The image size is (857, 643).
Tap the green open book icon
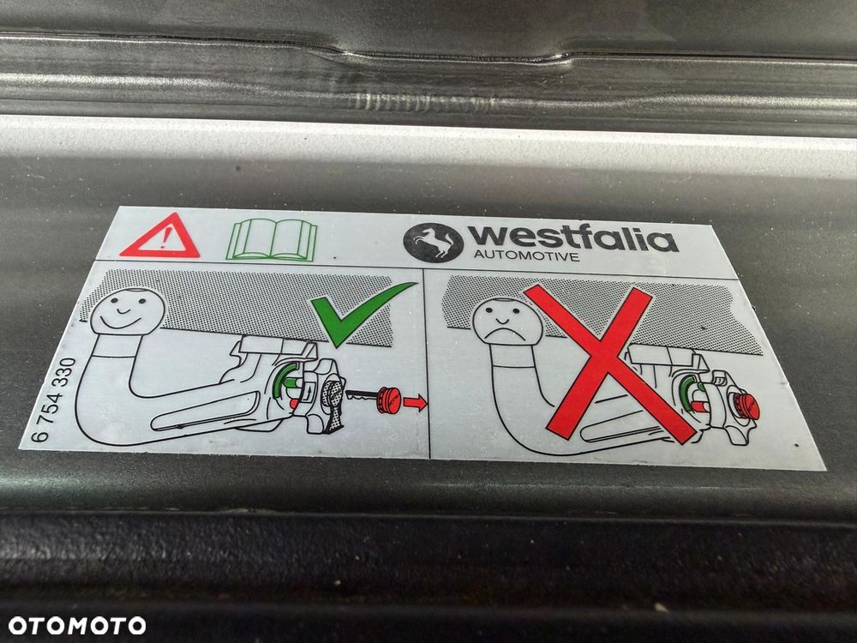click(x=273, y=240)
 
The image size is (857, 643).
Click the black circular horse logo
click(x=433, y=241)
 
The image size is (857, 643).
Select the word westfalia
click(x=572, y=237)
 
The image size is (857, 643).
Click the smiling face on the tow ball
click(x=127, y=311)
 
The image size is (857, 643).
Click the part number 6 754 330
click(x=53, y=400)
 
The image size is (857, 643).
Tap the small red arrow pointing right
click(x=415, y=403)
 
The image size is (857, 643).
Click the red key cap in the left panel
click(x=388, y=400)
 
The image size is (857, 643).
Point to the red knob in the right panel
click(x=746, y=406)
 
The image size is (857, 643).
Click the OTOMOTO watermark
click(x=77, y=625)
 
